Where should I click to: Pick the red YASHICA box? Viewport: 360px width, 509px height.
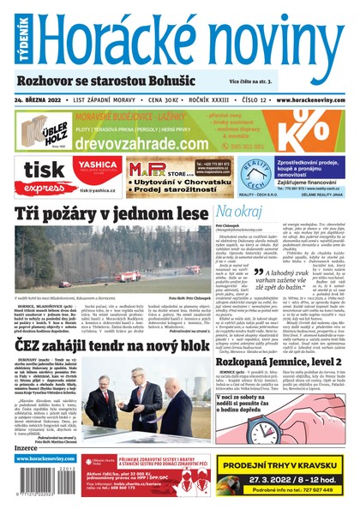[96, 166]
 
